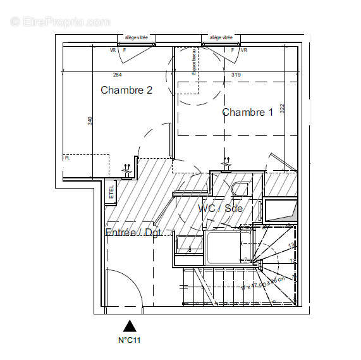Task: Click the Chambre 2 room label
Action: click(x=126, y=90)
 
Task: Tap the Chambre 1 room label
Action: click(x=247, y=112)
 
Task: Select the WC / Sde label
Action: click(x=220, y=208)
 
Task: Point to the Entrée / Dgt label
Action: click(x=133, y=233)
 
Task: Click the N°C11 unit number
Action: click(x=130, y=340)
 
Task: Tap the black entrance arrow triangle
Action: click(x=130, y=326)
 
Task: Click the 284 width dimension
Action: click(x=116, y=75)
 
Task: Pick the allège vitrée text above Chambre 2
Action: click(x=136, y=38)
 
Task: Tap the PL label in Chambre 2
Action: click(x=67, y=158)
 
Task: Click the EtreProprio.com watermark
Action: click(x=60, y=22)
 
